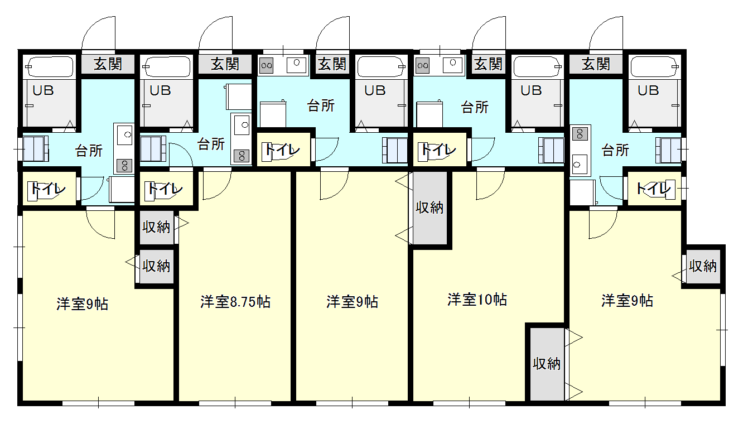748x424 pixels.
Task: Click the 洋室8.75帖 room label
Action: (235, 302)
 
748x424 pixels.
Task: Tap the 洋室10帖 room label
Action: (477, 300)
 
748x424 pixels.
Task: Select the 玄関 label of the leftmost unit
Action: (108, 64)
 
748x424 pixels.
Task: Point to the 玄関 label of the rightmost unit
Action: (596, 64)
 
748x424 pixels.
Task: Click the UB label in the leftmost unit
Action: (43, 90)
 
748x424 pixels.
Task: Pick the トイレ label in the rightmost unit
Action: (654, 189)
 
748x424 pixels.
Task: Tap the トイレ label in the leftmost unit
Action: (48, 189)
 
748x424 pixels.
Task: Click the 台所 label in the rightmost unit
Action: (615, 150)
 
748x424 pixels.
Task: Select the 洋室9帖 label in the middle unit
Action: (352, 302)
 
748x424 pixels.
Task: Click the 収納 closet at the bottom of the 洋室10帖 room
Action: (547, 364)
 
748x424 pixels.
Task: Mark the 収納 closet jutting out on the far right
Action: (703, 267)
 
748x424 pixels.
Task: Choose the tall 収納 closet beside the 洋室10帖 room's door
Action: (430, 208)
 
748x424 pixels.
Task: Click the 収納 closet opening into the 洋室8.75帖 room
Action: (157, 228)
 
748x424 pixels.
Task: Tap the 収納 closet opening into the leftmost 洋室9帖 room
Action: (157, 267)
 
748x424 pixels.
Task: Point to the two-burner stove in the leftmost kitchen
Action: (124, 166)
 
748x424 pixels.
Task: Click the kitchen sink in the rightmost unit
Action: (580, 165)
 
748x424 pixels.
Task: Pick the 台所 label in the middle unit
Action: (321, 106)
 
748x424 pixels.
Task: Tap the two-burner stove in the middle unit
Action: (267, 65)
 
